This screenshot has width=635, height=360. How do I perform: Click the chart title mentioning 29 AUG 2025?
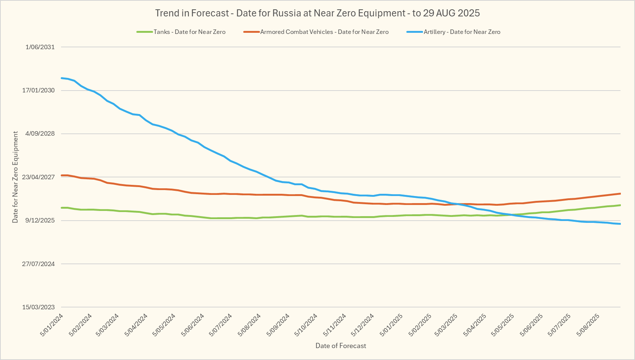point(317,13)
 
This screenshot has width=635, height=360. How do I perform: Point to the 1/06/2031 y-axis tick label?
point(40,47)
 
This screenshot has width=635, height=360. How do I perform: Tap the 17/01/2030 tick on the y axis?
point(38,90)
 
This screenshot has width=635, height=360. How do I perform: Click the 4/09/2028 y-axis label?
point(40,134)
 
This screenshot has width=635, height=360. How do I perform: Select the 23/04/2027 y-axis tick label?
point(38,177)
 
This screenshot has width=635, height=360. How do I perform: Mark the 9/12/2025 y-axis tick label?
point(40,220)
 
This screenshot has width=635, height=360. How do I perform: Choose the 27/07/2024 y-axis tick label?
point(38,264)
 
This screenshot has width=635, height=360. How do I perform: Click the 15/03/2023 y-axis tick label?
point(38,307)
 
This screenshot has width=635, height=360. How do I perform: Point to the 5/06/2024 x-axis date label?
point(193,325)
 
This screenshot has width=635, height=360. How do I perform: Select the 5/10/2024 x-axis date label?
point(306,325)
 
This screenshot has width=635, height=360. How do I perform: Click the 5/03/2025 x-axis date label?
point(446,325)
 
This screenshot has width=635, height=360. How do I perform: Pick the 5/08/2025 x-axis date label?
point(588,325)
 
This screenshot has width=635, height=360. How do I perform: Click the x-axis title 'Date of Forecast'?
point(340,346)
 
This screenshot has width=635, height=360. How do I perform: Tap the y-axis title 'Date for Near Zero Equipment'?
point(15,177)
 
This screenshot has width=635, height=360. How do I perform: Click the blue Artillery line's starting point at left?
point(61,78)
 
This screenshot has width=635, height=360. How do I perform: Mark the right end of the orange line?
point(620,193)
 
